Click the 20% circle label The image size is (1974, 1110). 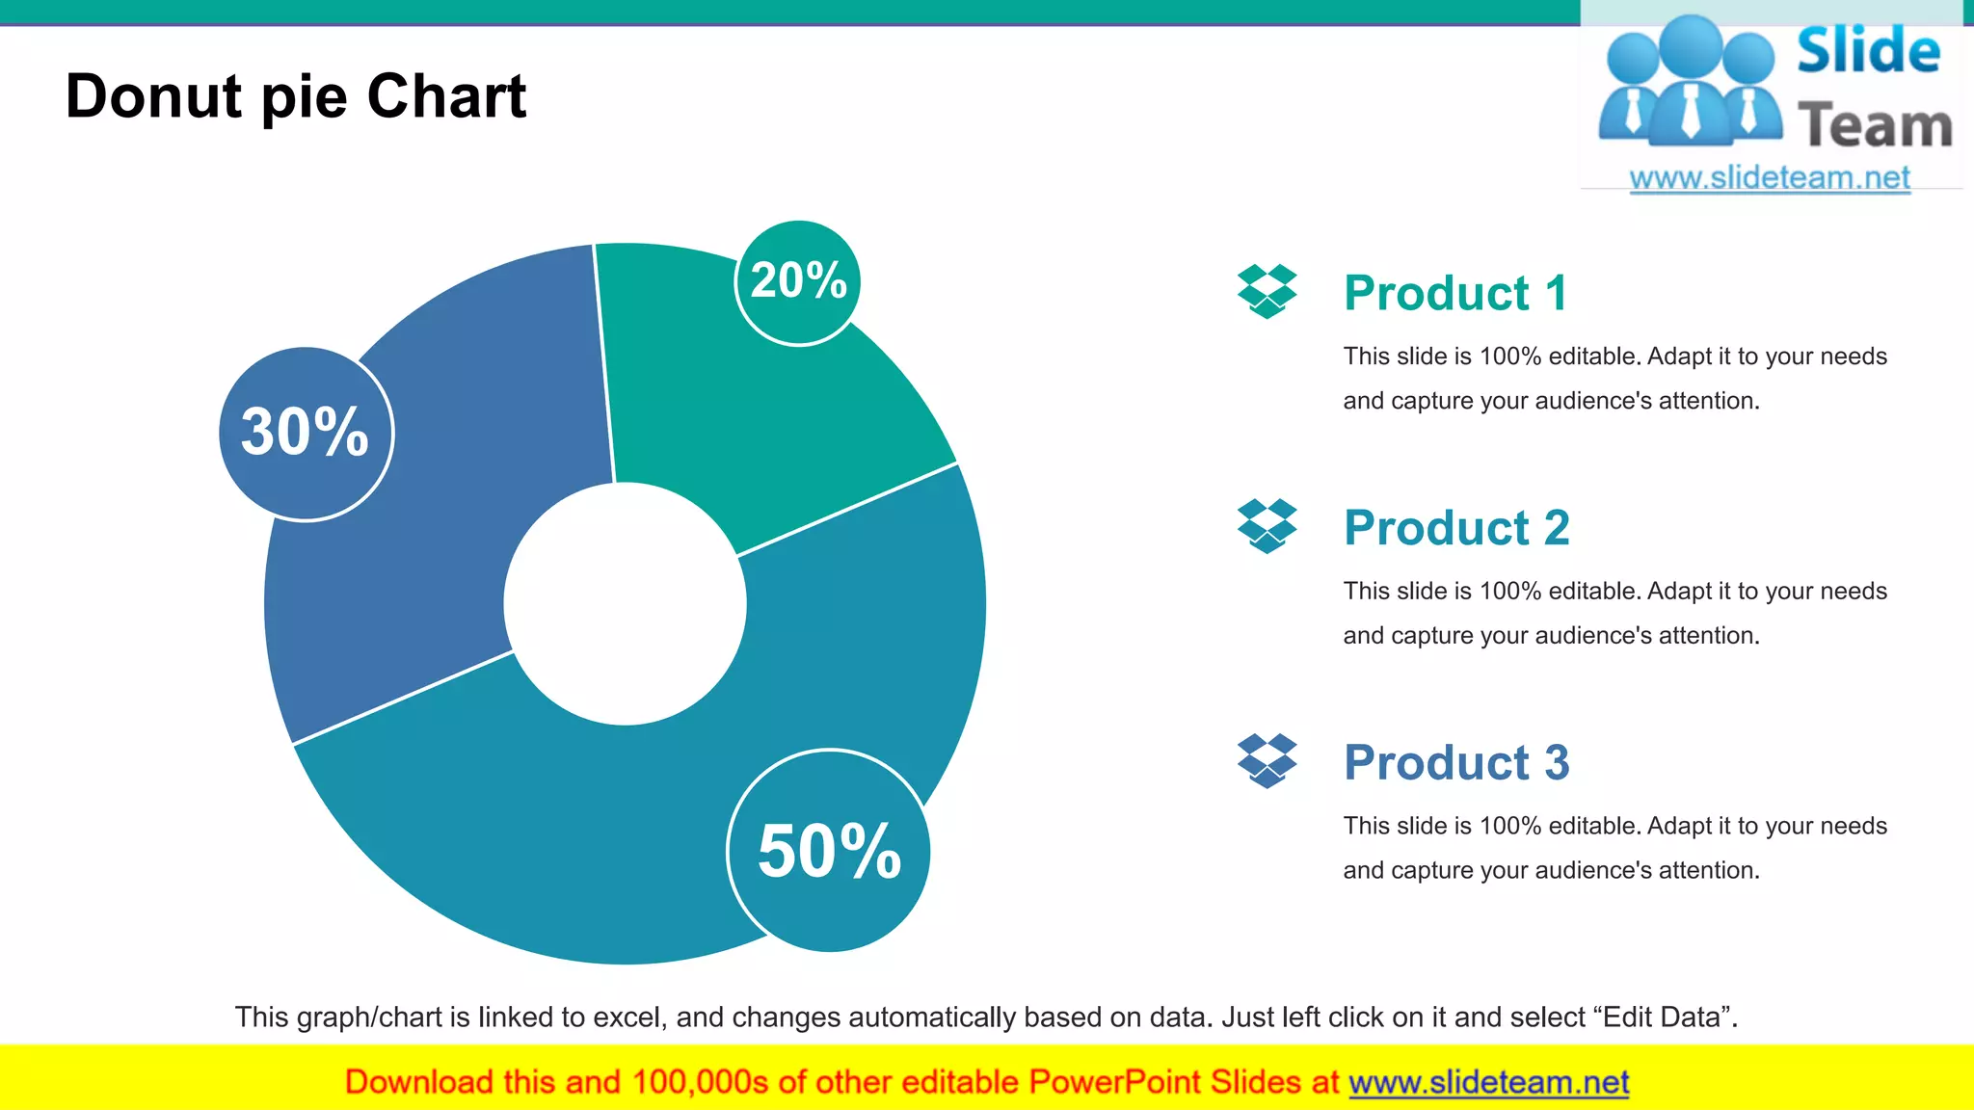[797, 281]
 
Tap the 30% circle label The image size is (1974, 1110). [306, 433]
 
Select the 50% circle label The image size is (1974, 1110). [829, 851]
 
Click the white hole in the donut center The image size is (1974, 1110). [625, 604]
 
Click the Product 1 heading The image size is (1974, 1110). [1455, 293]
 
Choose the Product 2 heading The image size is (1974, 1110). [1456, 528]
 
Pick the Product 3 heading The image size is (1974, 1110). [1456, 762]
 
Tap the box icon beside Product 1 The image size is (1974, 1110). [1267, 291]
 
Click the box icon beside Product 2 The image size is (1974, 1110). [1267, 526]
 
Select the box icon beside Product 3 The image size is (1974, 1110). [1267, 760]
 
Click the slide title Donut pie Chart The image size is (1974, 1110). [296, 96]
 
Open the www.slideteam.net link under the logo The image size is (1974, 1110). [1770, 178]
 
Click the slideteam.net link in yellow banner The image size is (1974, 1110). [1488, 1083]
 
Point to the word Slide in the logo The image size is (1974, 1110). [1868, 51]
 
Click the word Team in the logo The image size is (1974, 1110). [1875, 126]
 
